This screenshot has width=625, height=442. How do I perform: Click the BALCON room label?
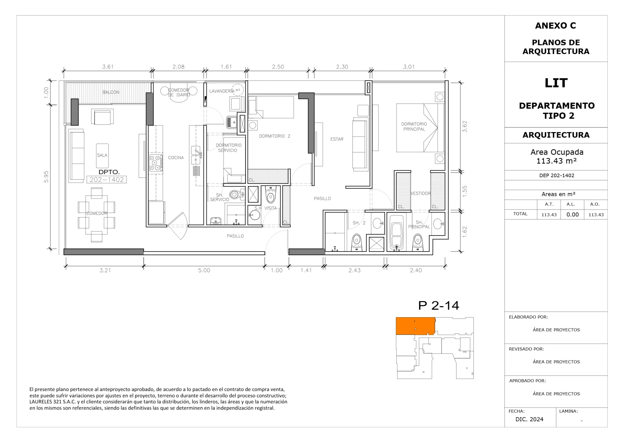111,92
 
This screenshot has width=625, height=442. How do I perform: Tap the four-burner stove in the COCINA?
156,163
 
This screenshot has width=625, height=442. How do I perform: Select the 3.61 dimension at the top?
108,67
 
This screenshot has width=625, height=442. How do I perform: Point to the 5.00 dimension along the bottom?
204,270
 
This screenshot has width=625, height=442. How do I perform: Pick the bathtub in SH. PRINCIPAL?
396,233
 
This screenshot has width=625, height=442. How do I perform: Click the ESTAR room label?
337,139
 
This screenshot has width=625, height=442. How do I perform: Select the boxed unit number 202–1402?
107,180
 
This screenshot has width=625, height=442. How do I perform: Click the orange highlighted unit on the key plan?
415,326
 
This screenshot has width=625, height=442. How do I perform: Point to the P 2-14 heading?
439,306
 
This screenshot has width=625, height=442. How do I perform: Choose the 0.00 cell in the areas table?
572,215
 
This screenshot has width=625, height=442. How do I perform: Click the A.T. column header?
549,204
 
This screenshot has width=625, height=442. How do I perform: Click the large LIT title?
556,83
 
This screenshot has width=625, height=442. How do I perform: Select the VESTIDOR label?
421,193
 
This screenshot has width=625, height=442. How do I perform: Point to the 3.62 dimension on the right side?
465,127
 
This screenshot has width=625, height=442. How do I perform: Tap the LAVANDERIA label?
222,91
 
